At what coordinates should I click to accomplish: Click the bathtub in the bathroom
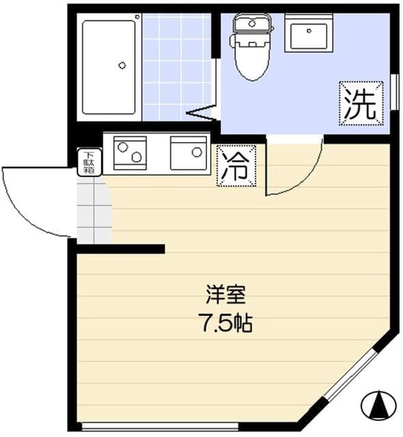click(109, 67)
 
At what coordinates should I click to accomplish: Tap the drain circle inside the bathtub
click(122, 66)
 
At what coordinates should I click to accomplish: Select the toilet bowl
click(250, 59)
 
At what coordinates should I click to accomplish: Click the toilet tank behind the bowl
click(252, 24)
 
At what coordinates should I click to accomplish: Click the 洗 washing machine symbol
click(359, 104)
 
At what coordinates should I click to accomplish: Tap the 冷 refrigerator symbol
click(236, 165)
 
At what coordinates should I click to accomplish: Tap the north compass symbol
click(378, 406)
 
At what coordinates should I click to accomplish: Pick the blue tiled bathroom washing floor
click(176, 65)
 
